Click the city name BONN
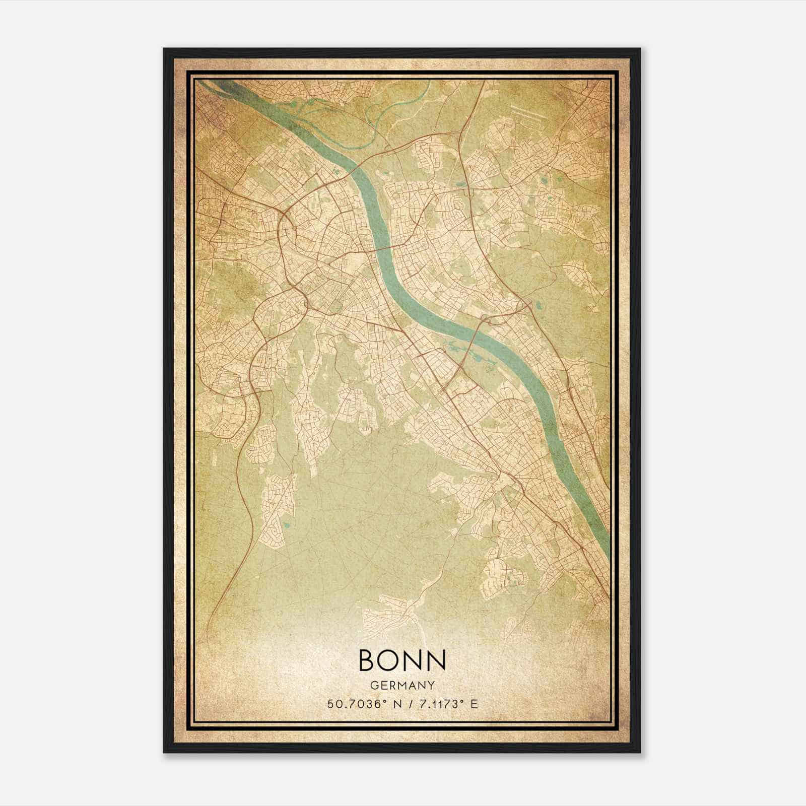pyautogui.click(x=402, y=659)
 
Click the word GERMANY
pyautogui.click(x=402, y=685)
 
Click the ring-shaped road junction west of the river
pyautogui.click(x=285, y=222)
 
